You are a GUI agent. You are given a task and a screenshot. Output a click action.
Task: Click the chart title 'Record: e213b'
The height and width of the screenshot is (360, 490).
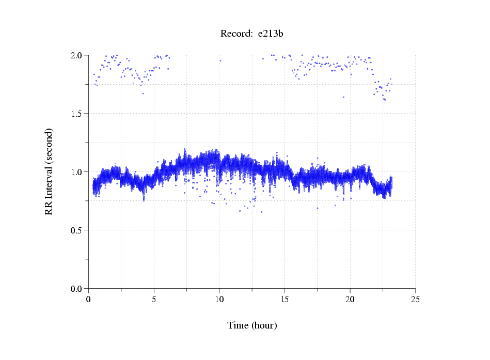[x=252, y=34]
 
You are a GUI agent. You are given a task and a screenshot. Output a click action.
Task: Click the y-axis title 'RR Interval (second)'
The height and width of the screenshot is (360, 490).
[x=49, y=171]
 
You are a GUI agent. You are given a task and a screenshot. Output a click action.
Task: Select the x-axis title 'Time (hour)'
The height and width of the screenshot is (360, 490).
[x=252, y=325]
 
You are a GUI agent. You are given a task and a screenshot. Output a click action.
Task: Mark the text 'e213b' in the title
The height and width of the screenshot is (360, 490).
[x=271, y=34]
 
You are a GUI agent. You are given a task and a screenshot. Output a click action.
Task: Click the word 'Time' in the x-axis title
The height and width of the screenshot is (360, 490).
[x=238, y=325]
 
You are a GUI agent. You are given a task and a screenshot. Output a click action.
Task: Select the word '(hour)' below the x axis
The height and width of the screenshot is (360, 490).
[x=264, y=325]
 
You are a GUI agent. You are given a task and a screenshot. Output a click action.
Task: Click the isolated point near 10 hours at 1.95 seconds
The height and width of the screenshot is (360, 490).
[x=220, y=60]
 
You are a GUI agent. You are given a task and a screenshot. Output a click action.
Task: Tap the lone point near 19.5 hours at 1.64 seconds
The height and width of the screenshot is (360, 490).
[x=343, y=97]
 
